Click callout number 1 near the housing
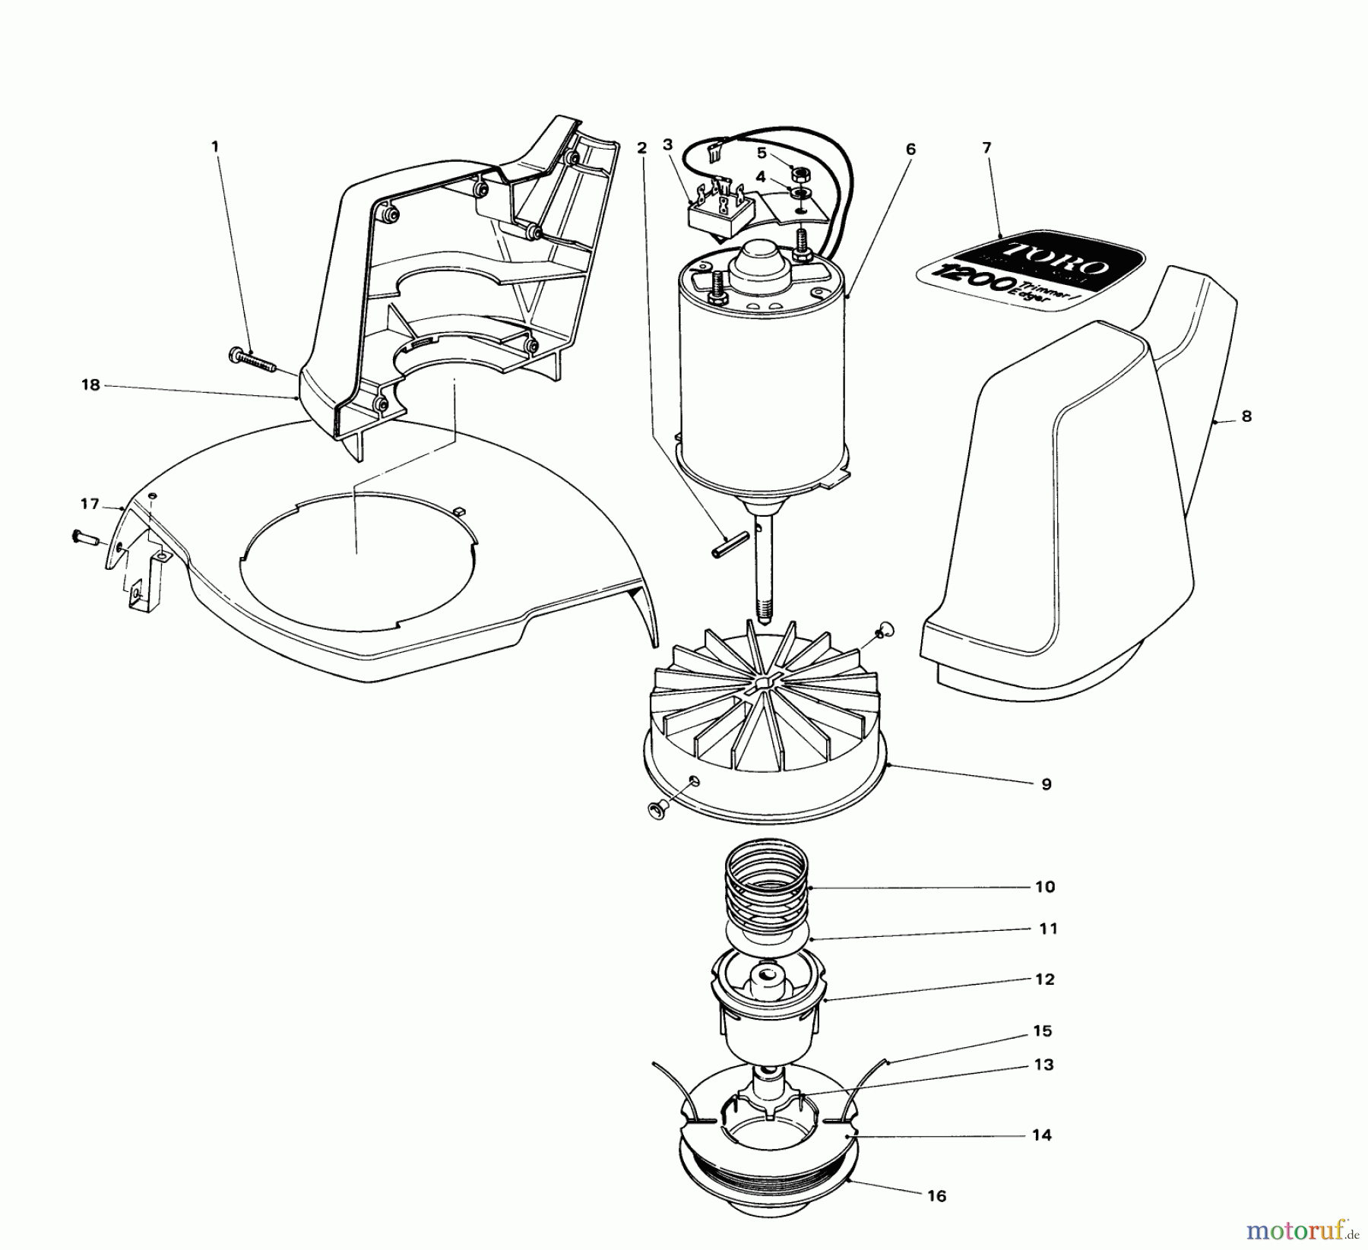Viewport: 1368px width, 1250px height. point(215,145)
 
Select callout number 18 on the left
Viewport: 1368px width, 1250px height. point(90,385)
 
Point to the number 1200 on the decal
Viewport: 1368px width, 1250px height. point(967,281)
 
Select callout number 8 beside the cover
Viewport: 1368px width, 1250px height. point(1246,416)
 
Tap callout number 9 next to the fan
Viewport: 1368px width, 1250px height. point(1047,784)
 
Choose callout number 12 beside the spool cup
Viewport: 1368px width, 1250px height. point(1045,979)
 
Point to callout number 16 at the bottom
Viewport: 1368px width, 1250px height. point(937,1197)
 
